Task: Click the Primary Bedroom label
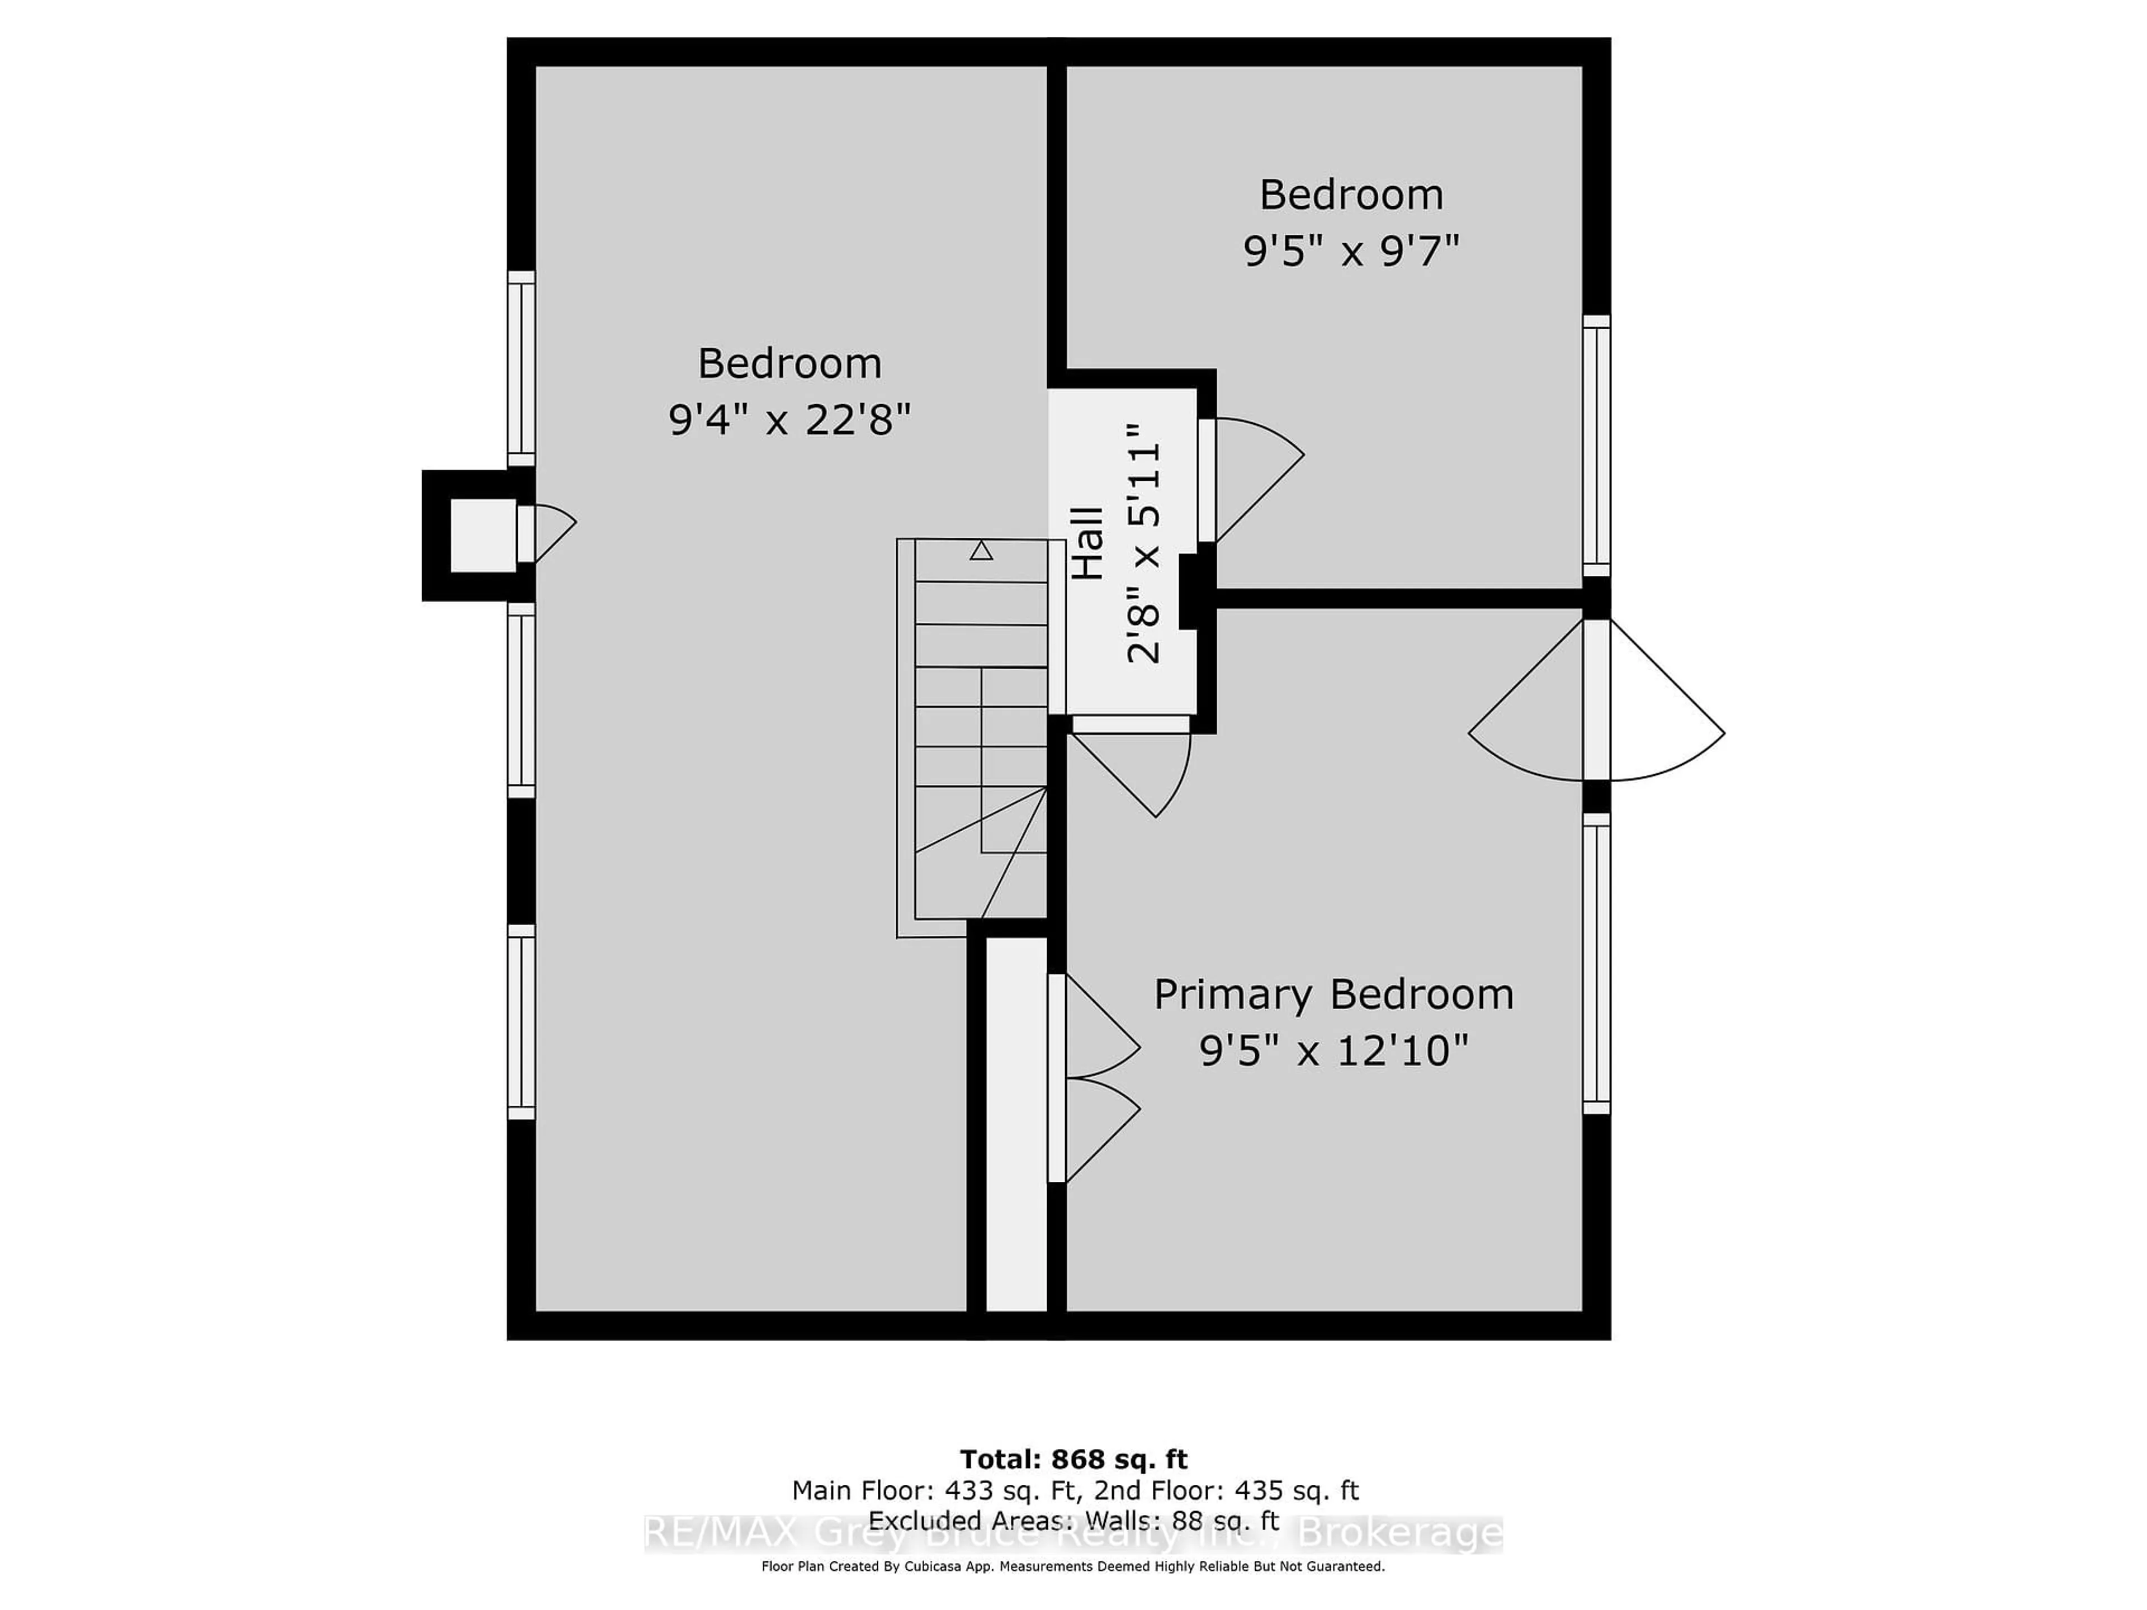(1333, 995)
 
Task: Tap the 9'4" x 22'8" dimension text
(789, 421)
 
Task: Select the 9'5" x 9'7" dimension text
(1351, 252)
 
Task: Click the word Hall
(1089, 543)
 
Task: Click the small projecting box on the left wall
(483, 535)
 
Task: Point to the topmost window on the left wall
(521, 369)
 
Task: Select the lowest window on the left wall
(521, 1022)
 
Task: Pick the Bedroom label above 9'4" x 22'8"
(789, 364)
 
